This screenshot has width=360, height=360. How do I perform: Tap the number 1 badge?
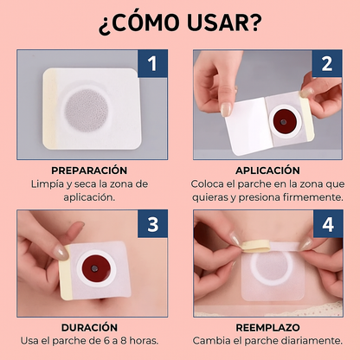pyautogui.click(x=152, y=63)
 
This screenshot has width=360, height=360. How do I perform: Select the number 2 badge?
pyautogui.click(x=327, y=63)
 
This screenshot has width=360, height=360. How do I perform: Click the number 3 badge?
pyautogui.click(x=152, y=224)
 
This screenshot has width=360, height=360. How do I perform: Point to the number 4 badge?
pyautogui.click(x=328, y=224)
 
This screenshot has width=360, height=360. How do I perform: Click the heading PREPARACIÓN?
pyautogui.click(x=89, y=170)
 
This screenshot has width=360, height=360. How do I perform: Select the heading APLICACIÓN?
pyautogui.click(x=267, y=170)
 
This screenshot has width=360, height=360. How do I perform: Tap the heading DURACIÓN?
pyautogui.click(x=89, y=327)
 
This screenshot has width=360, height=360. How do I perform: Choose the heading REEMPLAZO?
pyautogui.click(x=267, y=327)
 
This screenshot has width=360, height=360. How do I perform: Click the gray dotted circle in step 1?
pyautogui.click(x=87, y=110)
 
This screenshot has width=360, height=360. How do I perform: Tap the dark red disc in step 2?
pyautogui.click(x=284, y=121)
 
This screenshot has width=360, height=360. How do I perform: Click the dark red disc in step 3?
pyautogui.click(x=94, y=268)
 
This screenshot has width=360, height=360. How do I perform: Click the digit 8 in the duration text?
pyautogui.click(x=124, y=341)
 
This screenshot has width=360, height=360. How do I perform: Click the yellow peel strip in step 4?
pyautogui.click(x=256, y=245)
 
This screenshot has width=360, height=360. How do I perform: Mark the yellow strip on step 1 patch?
pyautogui.click(x=49, y=109)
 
